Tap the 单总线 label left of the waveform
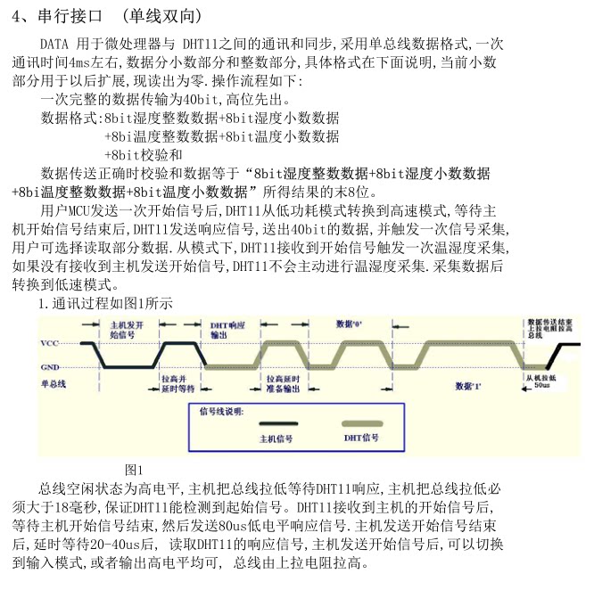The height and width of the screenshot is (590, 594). (x=54, y=383)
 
